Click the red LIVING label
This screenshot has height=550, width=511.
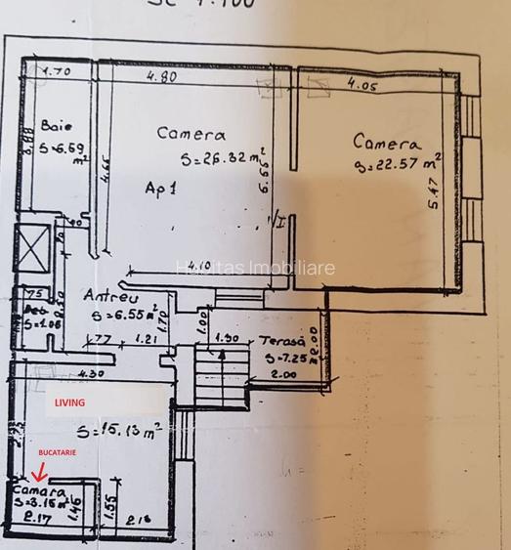point(69,402)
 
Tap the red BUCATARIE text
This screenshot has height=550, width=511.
point(57,454)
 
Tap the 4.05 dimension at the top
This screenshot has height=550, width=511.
point(362,85)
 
